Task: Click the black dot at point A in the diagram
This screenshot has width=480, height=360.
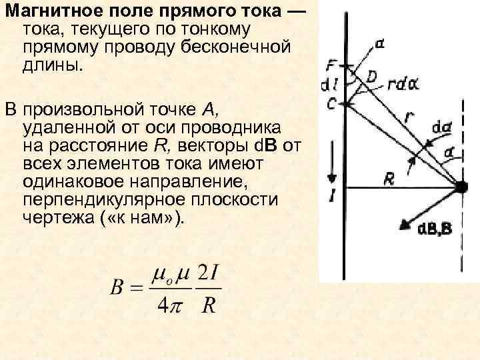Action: point(461,188)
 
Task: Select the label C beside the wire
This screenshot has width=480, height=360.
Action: point(331,103)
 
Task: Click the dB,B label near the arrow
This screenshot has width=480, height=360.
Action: point(435,230)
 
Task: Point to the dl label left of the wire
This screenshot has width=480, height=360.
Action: point(329,85)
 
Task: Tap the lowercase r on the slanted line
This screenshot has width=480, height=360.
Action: point(408,117)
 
